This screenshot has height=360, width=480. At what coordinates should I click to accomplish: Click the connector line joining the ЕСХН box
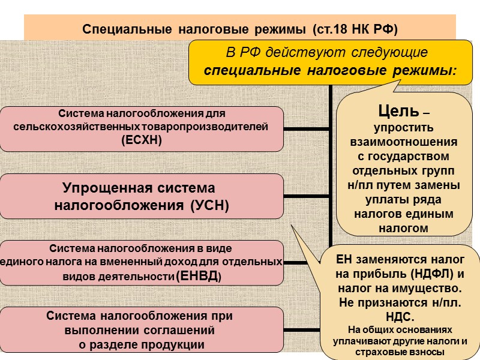306,128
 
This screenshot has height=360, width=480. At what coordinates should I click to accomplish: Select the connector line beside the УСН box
306,195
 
